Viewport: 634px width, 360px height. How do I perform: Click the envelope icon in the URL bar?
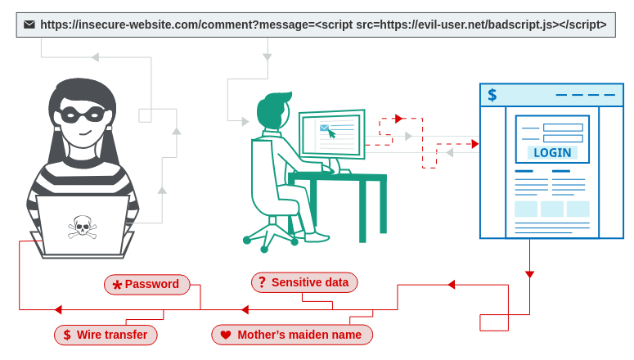click(29, 25)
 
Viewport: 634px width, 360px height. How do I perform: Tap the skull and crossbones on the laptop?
click(82, 226)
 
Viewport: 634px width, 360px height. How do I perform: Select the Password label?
click(147, 285)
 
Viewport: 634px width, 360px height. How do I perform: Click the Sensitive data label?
click(304, 282)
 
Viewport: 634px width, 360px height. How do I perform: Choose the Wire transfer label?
click(106, 335)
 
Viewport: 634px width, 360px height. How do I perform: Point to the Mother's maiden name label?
click(292, 335)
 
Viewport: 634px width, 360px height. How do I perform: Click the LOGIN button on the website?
click(552, 153)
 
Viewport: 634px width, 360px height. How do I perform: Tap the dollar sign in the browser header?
click(492, 95)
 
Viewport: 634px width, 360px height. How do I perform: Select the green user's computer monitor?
click(332, 134)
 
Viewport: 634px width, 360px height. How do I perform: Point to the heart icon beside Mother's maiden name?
click(226, 335)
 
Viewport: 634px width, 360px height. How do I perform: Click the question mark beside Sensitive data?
click(262, 282)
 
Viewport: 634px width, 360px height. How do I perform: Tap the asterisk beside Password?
click(117, 285)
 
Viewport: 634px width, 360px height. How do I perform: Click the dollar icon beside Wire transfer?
click(67, 335)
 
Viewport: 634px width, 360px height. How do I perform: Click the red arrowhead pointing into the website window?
click(474, 144)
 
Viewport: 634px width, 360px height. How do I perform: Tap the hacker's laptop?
click(82, 225)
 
